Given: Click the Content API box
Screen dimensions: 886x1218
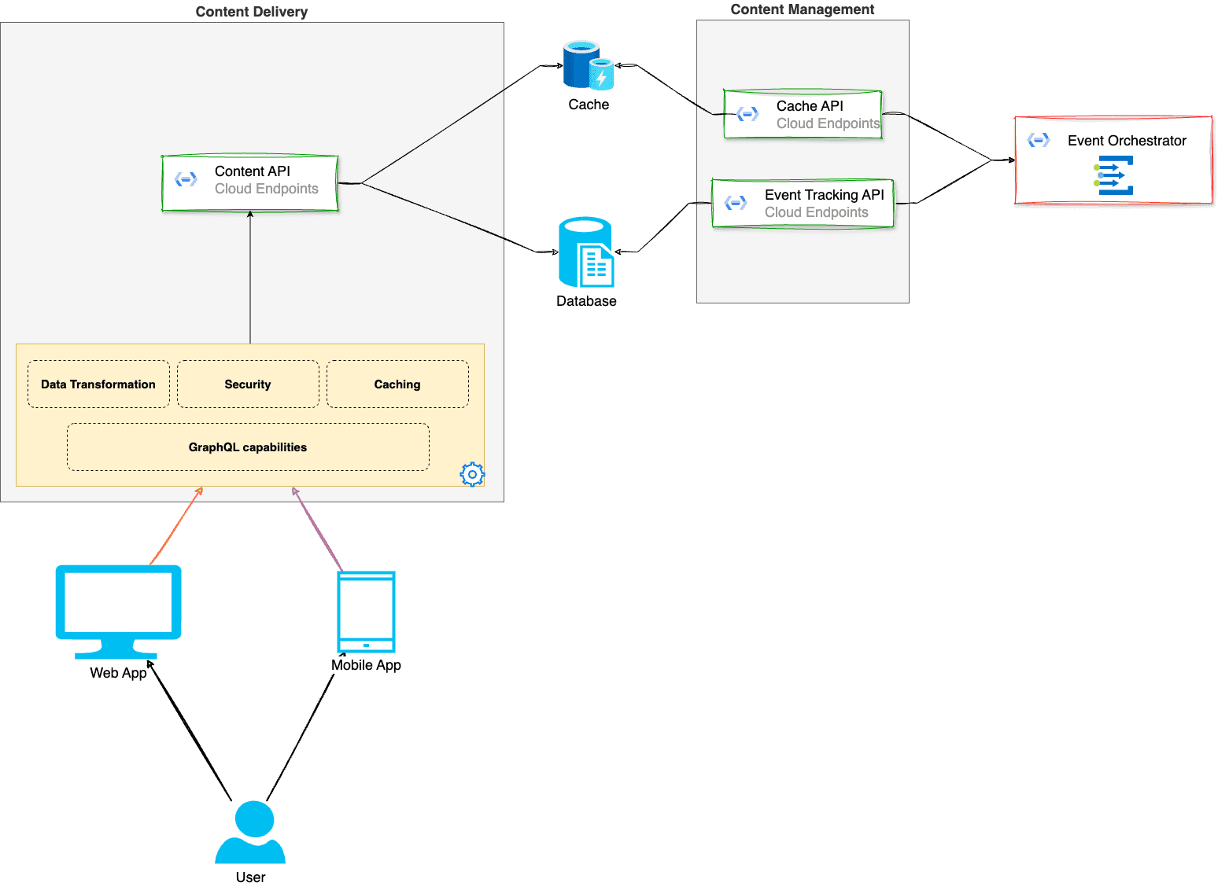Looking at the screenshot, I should coord(249,183).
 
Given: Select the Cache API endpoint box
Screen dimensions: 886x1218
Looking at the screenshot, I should coord(803,115).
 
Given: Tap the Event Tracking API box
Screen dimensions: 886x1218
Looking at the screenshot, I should coord(803,204).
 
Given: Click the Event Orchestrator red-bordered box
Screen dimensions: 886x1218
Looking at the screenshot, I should coord(1113,161).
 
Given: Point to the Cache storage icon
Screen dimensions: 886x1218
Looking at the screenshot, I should coord(588,65).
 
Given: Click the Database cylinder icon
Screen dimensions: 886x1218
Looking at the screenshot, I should coord(585,252).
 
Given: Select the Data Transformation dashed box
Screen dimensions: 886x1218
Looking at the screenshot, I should coord(98,384).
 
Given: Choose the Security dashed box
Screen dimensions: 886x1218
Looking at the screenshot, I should coord(248,384).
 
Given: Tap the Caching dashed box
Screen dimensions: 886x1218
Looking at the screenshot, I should coord(397,384).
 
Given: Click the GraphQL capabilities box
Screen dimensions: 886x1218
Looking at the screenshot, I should coord(248,447).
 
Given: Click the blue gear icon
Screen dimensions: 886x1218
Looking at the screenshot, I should coord(472,474).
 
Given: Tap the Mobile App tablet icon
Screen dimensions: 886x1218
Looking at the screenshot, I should coord(366,612).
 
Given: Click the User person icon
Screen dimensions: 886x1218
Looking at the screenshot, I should coord(250,833).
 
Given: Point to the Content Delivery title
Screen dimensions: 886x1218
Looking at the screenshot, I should coord(252,12).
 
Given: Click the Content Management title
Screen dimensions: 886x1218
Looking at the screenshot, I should coord(803,9).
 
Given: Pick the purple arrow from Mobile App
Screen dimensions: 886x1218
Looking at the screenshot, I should coord(318,528).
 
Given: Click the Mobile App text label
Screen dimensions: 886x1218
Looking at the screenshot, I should coord(366,665).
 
